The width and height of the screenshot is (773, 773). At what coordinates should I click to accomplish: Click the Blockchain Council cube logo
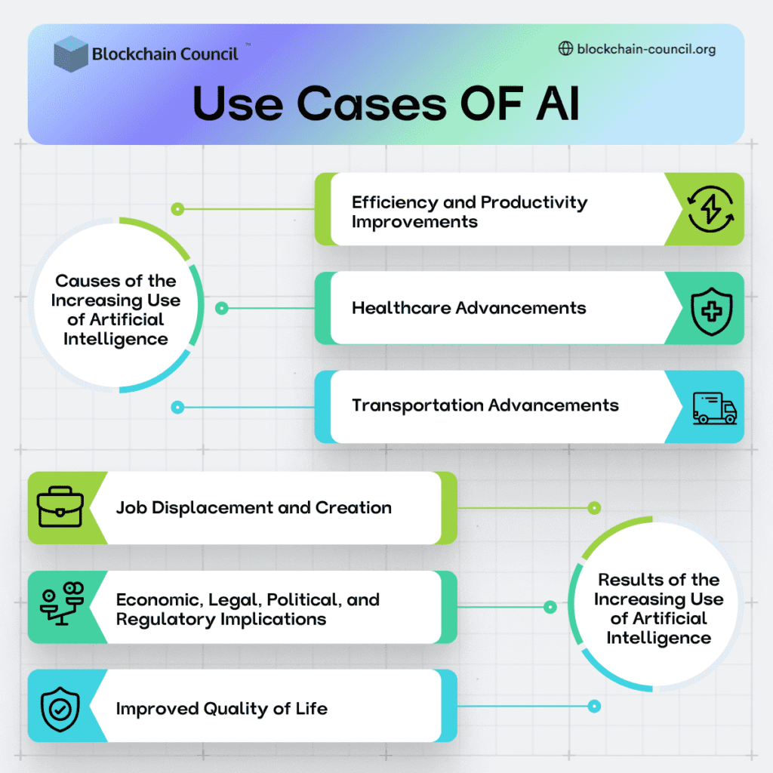[71, 54]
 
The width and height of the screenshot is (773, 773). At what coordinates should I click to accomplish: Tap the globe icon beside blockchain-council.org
[565, 48]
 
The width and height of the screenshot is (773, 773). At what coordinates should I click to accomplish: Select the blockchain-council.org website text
[646, 49]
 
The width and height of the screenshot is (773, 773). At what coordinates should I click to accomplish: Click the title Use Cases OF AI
[386, 103]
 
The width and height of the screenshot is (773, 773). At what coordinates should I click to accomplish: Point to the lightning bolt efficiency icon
[710, 209]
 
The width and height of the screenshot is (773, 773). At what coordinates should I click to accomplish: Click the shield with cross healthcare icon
[711, 312]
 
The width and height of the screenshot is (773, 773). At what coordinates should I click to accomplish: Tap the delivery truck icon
[714, 408]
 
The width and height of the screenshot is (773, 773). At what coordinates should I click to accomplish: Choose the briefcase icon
[60, 507]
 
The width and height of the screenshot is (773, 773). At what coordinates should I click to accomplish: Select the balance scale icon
[62, 603]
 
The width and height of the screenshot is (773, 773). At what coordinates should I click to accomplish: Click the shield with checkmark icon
[60, 709]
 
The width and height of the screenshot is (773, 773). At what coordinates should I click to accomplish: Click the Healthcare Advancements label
[469, 308]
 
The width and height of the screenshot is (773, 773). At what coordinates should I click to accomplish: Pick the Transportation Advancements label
[485, 405]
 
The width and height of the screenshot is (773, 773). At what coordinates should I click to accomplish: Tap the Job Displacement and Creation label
[254, 508]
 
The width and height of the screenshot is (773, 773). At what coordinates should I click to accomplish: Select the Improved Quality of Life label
[222, 709]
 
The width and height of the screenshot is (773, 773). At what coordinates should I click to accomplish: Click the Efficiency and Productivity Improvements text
[470, 212]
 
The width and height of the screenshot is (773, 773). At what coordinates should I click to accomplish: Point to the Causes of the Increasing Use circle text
[115, 310]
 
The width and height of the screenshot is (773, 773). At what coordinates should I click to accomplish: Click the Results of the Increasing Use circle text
[658, 609]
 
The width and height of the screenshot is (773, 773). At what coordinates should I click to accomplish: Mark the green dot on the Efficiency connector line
[177, 209]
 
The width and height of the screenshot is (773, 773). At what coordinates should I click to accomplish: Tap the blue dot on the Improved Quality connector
[595, 707]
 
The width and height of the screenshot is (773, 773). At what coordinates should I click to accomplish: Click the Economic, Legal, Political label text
[248, 609]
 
